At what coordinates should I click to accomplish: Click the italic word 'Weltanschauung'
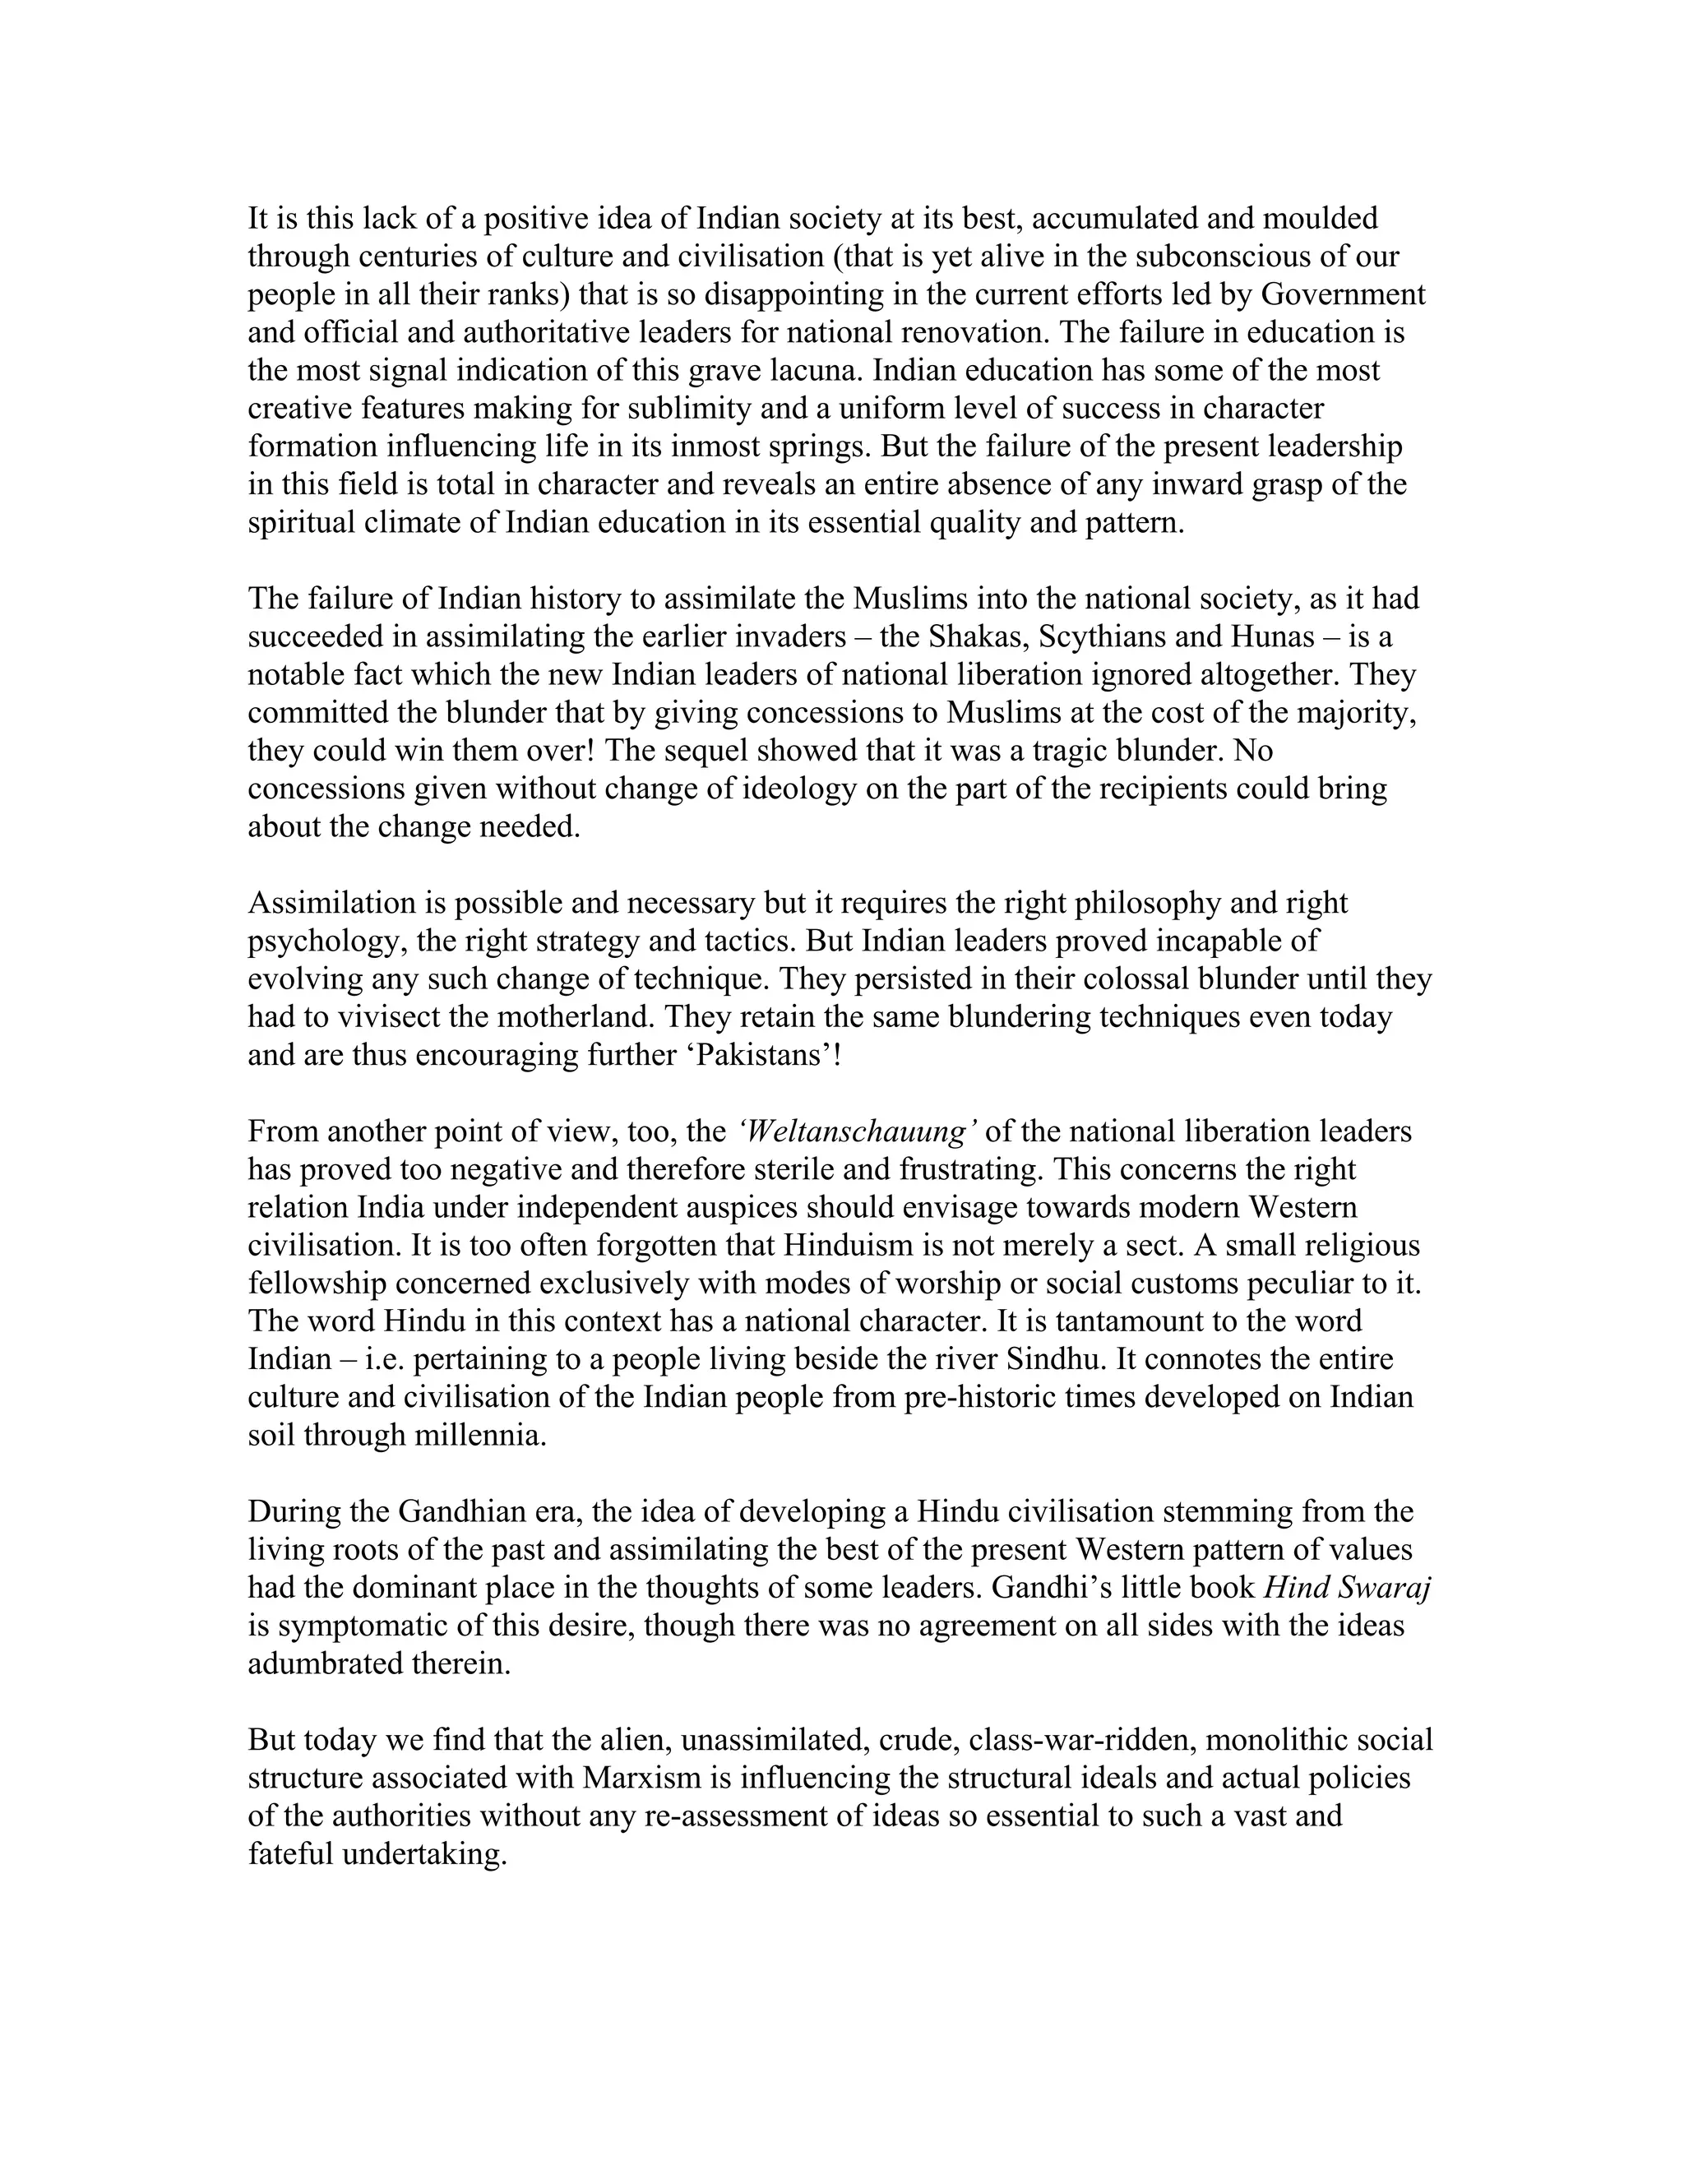(x=857, y=1131)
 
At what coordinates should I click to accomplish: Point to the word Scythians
(x=1109, y=636)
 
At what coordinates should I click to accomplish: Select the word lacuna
(x=815, y=370)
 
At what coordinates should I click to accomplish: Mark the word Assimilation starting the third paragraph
(x=331, y=903)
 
